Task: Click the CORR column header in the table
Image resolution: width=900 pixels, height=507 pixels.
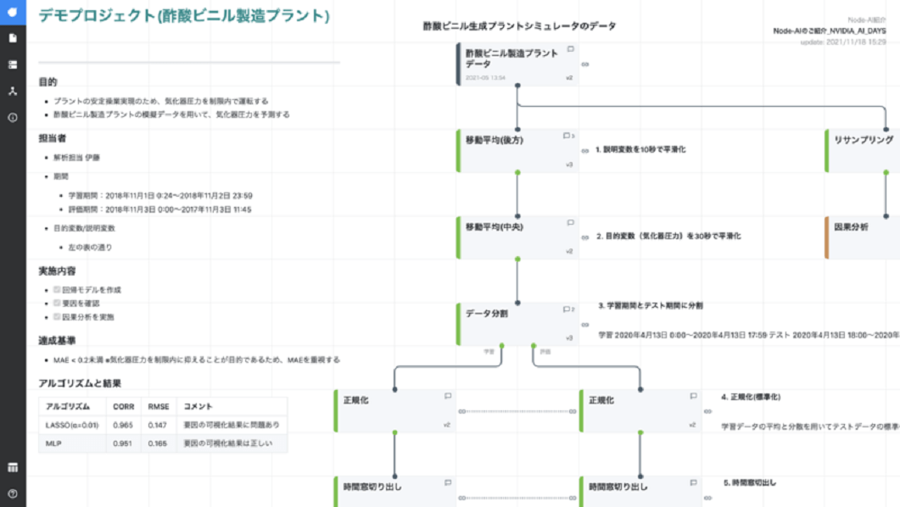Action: pos(124,406)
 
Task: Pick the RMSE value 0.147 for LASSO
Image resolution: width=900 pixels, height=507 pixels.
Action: pos(158,424)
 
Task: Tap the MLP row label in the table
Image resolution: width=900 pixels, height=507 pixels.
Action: pos(53,443)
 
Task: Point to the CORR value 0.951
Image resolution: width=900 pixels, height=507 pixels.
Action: pos(123,443)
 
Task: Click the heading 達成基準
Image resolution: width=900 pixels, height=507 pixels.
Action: pos(56,341)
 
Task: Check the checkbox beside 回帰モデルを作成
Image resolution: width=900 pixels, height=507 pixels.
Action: pos(58,290)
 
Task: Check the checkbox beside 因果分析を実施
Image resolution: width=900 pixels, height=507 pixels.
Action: pos(58,317)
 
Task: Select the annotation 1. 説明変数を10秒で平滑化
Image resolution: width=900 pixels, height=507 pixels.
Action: pos(640,149)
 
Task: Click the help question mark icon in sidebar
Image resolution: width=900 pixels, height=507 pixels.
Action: pos(13,493)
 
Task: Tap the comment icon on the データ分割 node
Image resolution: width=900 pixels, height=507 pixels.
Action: pos(567,309)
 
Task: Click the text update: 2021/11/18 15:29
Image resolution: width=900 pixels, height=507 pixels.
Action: pos(843,42)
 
